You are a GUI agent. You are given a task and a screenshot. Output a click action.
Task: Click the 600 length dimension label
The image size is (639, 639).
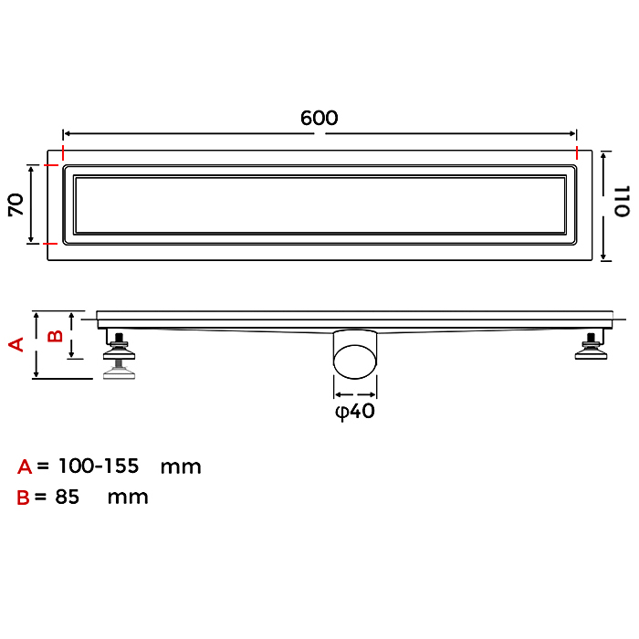tap(319, 118)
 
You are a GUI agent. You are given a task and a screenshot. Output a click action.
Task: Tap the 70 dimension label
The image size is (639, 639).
tap(16, 204)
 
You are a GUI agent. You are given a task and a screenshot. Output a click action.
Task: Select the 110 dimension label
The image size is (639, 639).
tap(622, 202)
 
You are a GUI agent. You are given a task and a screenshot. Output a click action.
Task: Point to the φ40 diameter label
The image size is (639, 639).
tap(354, 411)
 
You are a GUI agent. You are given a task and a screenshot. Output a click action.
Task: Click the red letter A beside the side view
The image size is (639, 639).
tap(16, 344)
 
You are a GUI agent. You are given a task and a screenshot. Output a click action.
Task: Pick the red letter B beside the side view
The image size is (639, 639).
tap(55, 336)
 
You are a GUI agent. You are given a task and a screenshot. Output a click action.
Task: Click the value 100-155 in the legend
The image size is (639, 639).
tap(99, 466)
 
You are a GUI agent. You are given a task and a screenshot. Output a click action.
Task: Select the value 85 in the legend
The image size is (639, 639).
tap(68, 497)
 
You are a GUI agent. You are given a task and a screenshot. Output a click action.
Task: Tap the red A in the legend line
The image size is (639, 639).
tap(25, 466)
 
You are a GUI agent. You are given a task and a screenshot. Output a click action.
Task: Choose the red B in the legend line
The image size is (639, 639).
tap(23, 498)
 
